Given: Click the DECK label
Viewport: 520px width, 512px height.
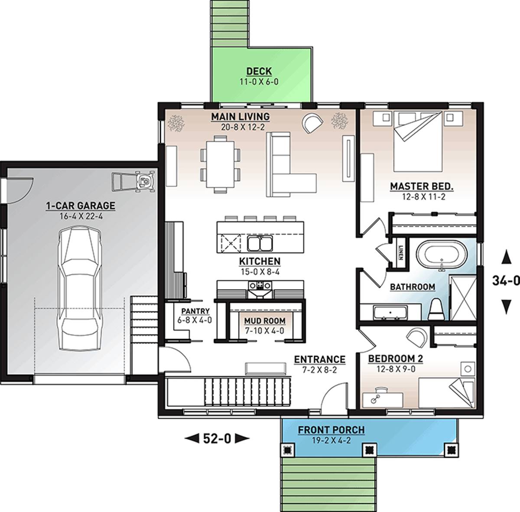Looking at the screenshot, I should [259, 71].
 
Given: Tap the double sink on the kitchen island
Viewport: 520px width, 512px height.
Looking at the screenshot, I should [260, 243].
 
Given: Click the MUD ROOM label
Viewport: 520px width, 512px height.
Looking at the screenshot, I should [259, 321].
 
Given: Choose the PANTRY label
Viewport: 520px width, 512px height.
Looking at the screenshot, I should [195, 311].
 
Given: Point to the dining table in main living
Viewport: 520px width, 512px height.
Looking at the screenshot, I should [221, 164].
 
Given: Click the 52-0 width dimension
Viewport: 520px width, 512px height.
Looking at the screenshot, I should [217, 439].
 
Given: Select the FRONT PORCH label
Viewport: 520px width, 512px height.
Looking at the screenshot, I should [331, 430].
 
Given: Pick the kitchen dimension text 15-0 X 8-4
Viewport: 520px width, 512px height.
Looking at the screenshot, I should [260, 272].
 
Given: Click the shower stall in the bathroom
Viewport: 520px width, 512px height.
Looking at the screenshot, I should [463, 299].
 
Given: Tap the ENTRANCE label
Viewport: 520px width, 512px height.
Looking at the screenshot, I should [319, 359].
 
